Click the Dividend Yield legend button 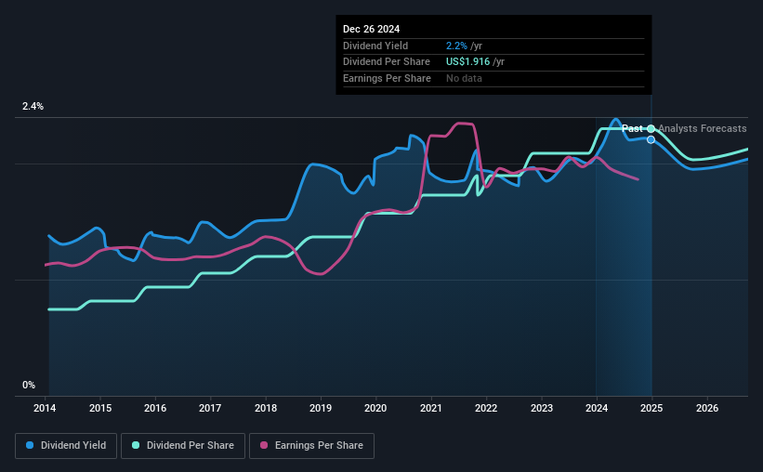[66, 445]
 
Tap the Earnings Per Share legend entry [312, 445]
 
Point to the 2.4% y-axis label [33, 107]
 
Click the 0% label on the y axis [29, 385]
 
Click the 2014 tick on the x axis [46, 408]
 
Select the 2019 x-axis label [321, 408]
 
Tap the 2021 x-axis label [431, 408]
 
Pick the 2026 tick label [706, 408]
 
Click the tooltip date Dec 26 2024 [372, 30]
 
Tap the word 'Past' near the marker [632, 129]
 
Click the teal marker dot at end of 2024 [651, 128]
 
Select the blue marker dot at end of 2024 [651, 139]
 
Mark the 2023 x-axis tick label [541, 408]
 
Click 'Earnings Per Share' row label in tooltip [387, 79]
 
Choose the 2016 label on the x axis [155, 408]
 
